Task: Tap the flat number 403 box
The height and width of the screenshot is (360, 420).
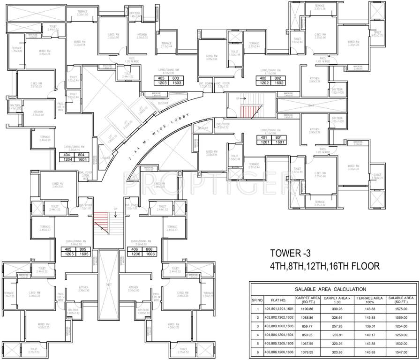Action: pos(161,78)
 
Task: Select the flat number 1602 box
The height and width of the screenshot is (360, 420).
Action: pos(279,82)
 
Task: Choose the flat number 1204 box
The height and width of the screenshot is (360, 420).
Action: pos(67,159)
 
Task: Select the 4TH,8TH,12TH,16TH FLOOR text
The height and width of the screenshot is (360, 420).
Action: pos(324,266)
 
